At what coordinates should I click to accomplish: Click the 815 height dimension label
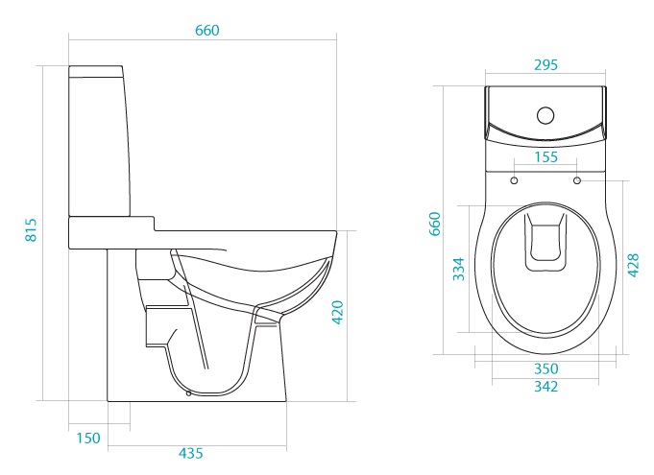32,229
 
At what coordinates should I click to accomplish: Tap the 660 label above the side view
206,31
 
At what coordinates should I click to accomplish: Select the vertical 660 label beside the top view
435,224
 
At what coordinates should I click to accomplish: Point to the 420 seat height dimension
337,312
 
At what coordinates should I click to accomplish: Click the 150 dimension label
88,438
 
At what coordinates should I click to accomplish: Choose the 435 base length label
190,453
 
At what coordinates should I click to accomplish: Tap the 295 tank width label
545,65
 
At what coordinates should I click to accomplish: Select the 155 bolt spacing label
546,157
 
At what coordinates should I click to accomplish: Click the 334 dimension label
459,269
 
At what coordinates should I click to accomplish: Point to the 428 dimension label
633,265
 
